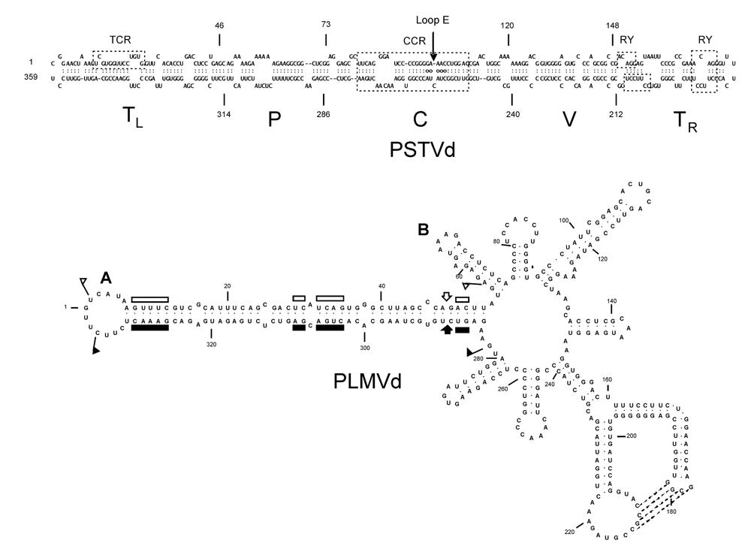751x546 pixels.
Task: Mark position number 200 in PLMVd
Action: point(631,436)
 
